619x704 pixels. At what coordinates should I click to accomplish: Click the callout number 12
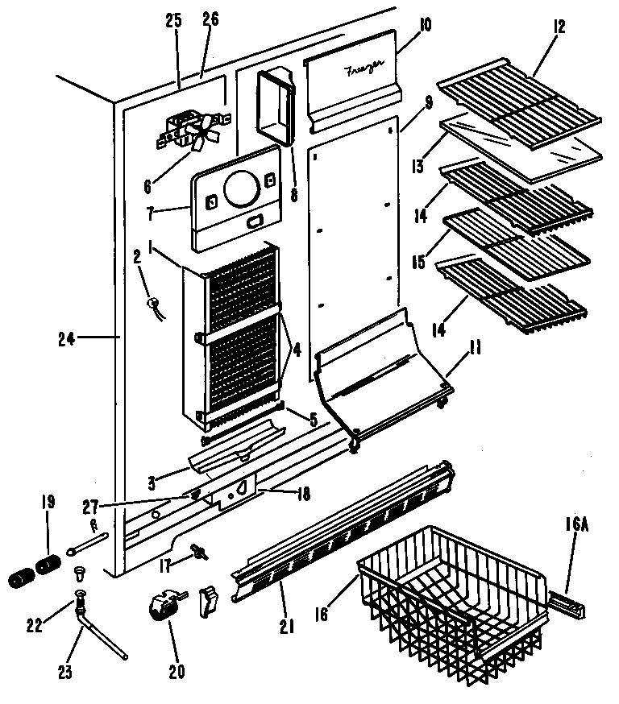tap(559, 27)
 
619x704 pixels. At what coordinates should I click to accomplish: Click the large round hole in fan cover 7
tap(239, 189)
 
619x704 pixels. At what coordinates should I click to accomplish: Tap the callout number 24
tap(67, 339)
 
